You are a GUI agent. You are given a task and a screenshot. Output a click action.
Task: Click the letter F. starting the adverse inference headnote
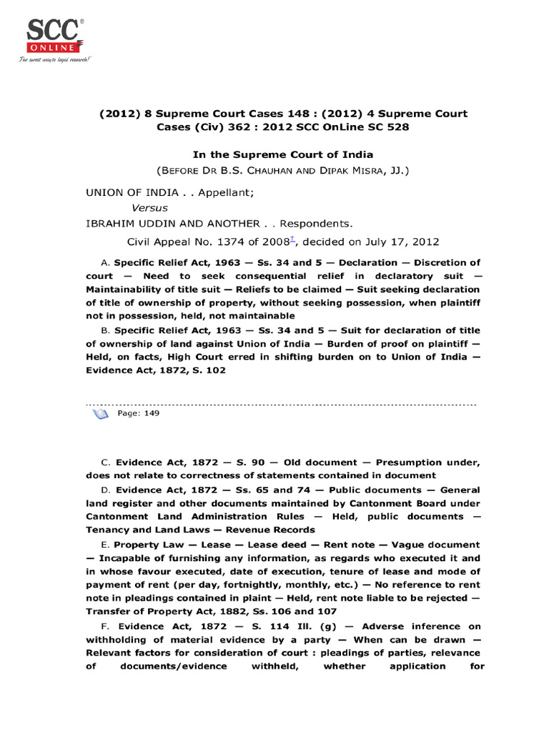[x=105, y=627]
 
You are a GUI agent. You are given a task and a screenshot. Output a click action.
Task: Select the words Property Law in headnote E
[x=152, y=545]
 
